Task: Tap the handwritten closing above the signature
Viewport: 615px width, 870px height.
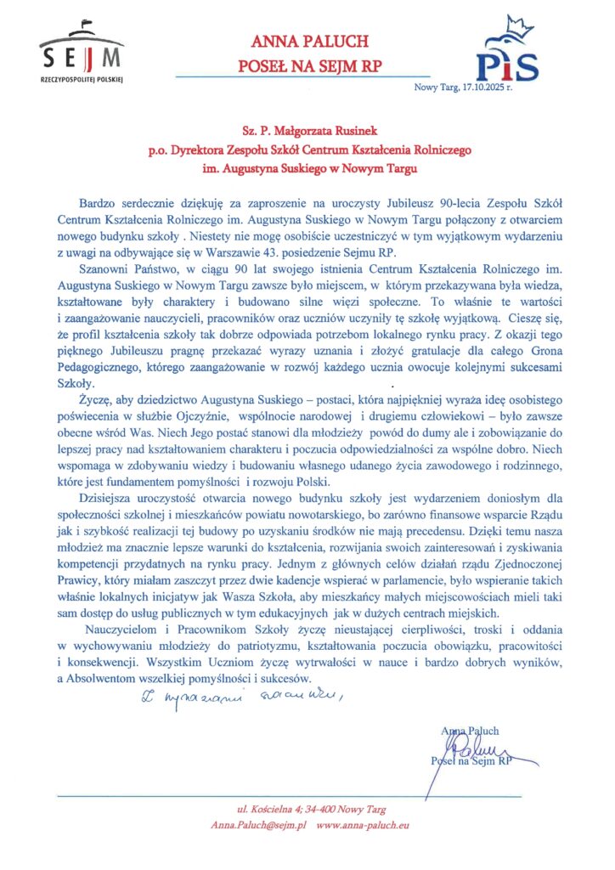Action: [x=240, y=698]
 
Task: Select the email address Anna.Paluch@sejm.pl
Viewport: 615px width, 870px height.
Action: [x=258, y=825]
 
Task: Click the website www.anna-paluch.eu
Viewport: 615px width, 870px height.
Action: [x=364, y=825]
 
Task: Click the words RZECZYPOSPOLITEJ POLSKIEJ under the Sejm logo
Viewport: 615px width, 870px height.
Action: [x=82, y=78]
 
